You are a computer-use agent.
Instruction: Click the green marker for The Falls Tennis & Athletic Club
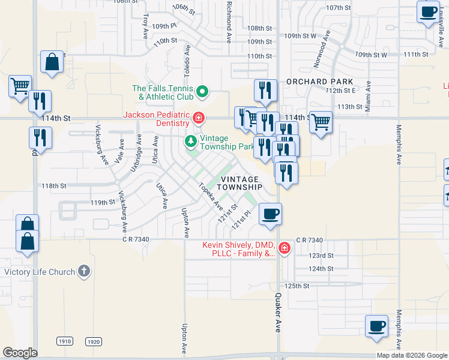[202, 92]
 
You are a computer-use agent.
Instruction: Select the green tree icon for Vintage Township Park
[190, 142]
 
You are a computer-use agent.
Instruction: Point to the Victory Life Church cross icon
[84, 272]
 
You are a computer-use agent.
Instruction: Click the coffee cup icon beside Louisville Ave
[428, 12]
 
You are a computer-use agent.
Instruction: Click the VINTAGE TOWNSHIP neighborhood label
[239, 183]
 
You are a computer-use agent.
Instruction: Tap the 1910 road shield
[65, 341]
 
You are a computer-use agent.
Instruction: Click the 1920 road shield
[93, 341]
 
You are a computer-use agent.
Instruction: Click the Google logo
[20, 353]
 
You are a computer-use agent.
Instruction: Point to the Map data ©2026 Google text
[412, 355]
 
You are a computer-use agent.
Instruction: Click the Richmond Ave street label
[229, 22]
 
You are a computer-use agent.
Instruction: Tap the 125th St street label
[297, 286]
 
